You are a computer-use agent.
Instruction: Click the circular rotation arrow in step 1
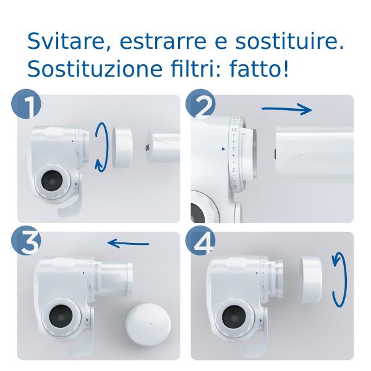click(x=103, y=145)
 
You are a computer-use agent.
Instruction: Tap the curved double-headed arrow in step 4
click(x=338, y=278)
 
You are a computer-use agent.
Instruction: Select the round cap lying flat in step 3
click(x=148, y=325)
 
